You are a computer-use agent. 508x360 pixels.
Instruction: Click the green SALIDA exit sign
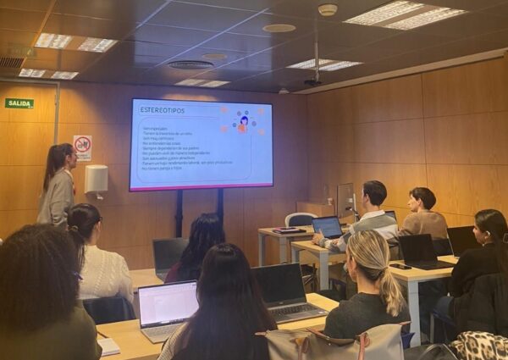(x=19, y=103)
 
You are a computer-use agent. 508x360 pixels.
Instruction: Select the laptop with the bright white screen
(x=167, y=306)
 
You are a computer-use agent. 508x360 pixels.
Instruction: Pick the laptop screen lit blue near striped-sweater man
(x=328, y=227)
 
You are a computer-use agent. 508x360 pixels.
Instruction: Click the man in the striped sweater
(x=370, y=213)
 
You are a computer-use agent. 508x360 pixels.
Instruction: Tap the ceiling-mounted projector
(x=312, y=82)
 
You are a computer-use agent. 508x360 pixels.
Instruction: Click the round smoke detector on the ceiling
(x=328, y=10)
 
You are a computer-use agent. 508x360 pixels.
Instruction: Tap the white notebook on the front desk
(x=109, y=346)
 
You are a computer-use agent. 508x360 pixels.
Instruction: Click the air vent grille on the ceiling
(x=11, y=62)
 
